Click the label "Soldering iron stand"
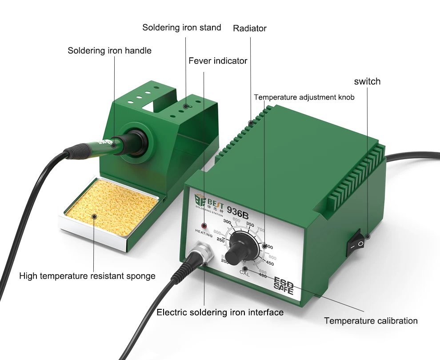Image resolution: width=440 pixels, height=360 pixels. (x=181, y=28)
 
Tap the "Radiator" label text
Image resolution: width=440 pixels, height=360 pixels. (x=250, y=28)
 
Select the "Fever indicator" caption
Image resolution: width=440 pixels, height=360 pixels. (x=218, y=61)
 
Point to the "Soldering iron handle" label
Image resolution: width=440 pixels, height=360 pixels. (x=109, y=51)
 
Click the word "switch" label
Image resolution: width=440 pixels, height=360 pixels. (x=367, y=81)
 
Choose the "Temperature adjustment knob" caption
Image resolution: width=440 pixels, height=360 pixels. (x=304, y=97)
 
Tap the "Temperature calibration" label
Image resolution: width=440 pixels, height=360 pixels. (x=371, y=320)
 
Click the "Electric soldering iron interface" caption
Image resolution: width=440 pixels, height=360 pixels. (x=220, y=312)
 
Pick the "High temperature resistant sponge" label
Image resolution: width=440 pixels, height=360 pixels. (x=87, y=276)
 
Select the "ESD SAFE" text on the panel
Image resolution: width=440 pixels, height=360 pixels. (x=283, y=286)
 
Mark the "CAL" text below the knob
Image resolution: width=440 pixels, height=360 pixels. (x=245, y=274)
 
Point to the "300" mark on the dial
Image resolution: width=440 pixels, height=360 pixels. (x=228, y=222)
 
